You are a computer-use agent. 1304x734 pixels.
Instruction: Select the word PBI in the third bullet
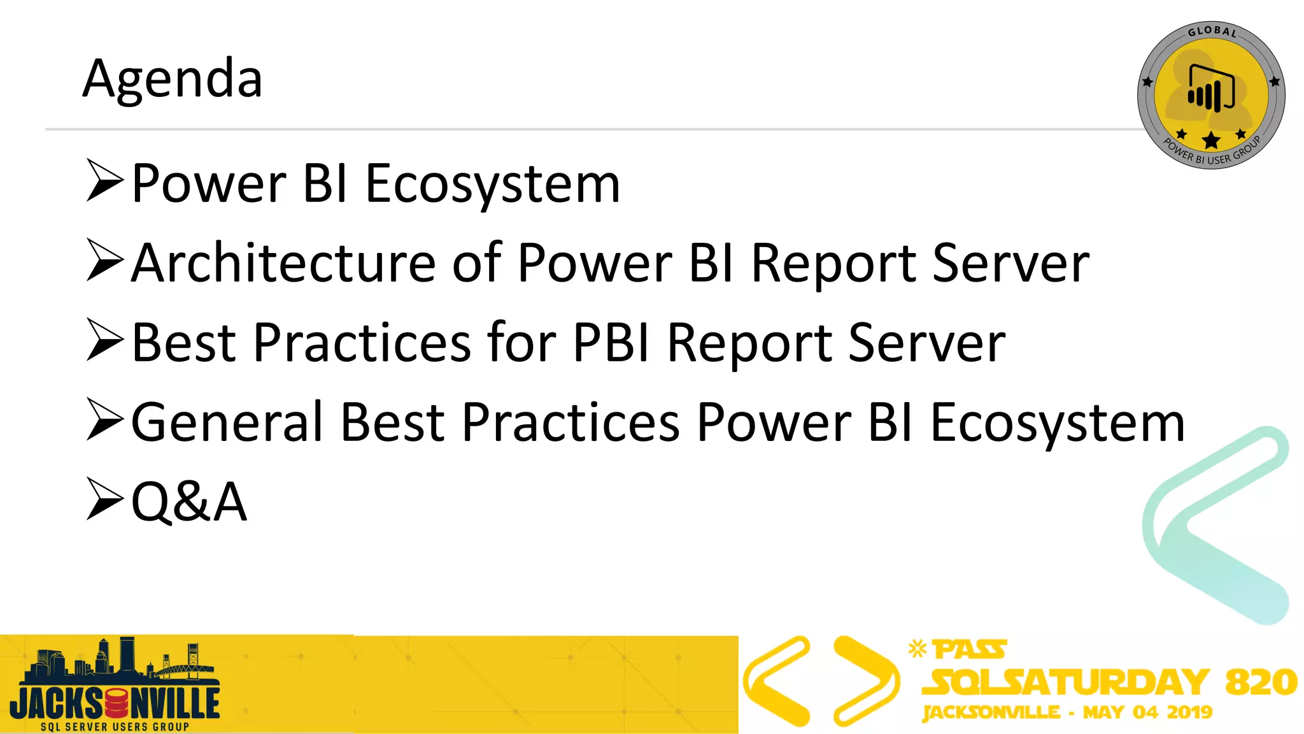(611, 343)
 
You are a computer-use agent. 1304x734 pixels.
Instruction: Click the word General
(227, 422)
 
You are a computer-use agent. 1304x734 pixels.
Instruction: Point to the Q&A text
(188, 502)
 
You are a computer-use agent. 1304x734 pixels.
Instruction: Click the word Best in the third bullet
(184, 343)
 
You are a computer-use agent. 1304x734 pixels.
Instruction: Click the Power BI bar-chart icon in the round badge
(1210, 89)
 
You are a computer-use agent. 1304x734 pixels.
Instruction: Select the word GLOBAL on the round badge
(1212, 31)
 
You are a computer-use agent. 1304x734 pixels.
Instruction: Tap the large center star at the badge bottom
(1211, 140)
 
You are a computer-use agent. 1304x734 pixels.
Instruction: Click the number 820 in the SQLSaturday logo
(1261, 682)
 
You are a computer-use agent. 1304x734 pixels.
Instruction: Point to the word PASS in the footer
(969, 650)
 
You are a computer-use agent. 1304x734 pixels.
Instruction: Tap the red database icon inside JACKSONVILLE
(116, 703)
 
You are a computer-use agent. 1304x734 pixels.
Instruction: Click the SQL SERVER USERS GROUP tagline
(115, 726)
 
